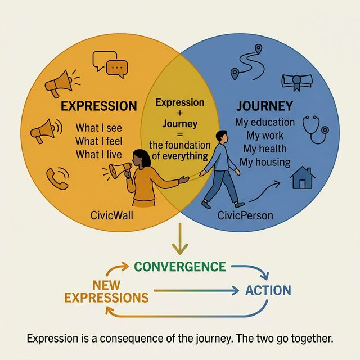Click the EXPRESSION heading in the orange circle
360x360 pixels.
pos(98,106)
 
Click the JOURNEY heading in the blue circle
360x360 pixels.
pos(265,106)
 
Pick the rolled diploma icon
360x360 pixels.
pos(296,82)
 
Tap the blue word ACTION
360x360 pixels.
pos(268,290)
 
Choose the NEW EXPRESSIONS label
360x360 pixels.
pos(106,291)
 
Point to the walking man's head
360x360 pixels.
pos(220,137)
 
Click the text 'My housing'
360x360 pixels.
pos(265,163)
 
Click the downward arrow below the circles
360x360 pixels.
pos(179,238)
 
